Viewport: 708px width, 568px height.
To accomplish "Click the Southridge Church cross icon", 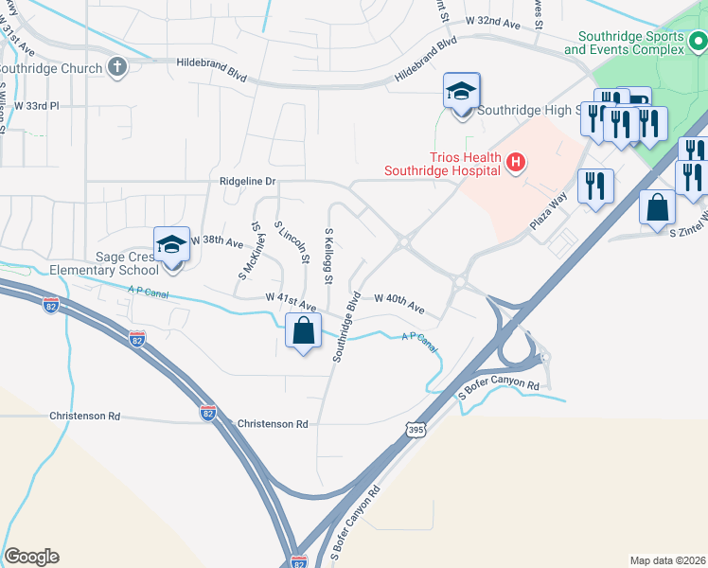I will point(116,66).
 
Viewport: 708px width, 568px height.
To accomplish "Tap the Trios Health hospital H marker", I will point(515,163).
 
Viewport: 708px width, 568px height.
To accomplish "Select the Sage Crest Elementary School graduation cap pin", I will point(171,244).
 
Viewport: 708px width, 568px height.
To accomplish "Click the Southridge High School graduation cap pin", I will point(462,92).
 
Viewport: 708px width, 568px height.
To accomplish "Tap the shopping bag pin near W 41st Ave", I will point(303,332).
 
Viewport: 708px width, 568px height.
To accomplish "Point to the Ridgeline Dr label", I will point(249,179).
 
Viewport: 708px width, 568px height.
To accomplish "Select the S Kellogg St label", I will point(328,256).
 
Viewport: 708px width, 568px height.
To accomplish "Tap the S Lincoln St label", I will point(292,242).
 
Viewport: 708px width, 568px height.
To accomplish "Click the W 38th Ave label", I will point(217,241).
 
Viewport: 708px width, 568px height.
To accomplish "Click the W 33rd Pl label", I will point(35,106).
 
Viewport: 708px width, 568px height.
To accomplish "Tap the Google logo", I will point(31,557).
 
